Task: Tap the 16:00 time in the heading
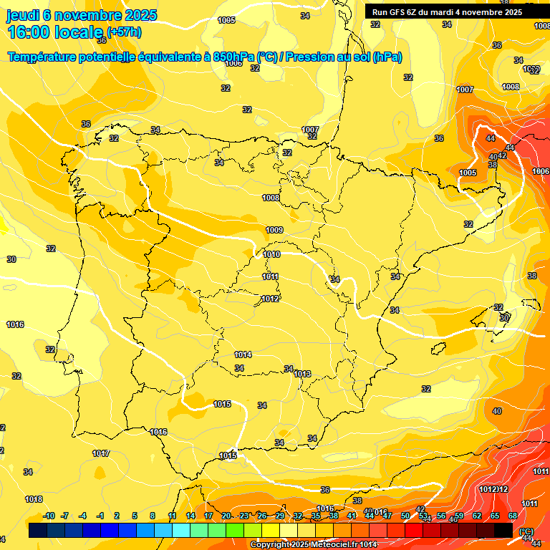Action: click(31, 32)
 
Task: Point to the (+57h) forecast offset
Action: click(124, 32)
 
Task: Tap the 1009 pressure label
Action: click(274, 230)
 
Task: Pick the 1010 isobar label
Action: click(271, 254)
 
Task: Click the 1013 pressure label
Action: click(302, 374)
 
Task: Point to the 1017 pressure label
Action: click(101, 453)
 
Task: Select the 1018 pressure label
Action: click(34, 499)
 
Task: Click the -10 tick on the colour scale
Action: click(49, 516)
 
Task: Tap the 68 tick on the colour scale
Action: click(513, 516)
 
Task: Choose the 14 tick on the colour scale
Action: click(190, 516)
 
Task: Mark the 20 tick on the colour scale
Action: click(226, 516)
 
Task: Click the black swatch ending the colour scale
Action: click(503, 530)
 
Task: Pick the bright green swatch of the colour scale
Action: click(235, 530)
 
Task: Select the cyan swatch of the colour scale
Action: click(181, 530)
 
